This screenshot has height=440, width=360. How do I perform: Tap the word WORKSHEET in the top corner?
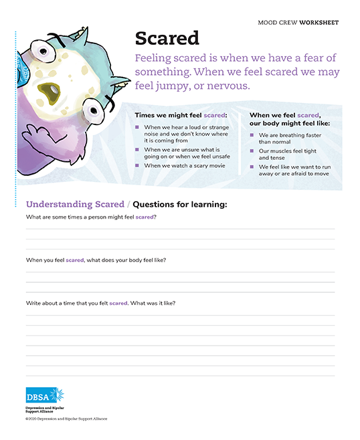(x=319, y=23)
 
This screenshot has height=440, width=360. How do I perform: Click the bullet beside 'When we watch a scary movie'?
(x=138, y=165)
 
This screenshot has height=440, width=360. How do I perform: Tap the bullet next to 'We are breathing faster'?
(x=252, y=136)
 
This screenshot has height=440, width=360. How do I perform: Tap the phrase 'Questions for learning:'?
(x=180, y=204)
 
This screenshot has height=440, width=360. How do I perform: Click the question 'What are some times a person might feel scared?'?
(x=91, y=217)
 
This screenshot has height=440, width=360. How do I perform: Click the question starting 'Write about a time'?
(x=100, y=303)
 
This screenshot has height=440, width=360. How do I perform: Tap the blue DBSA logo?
(x=44, y=395)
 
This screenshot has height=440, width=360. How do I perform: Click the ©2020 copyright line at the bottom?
(x=66, y=419)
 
